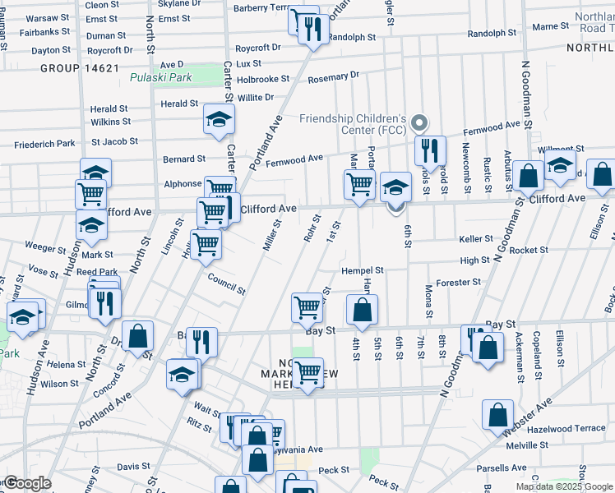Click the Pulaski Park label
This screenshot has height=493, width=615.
coord(160,78)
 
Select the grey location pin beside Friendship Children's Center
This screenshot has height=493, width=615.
coord(419,124)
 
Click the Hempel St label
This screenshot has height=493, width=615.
coord(363,270)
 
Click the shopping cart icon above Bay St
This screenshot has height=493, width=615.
coord(307,308)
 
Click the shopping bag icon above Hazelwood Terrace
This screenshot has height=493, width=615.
coord(498,415)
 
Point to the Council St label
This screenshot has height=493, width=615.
coord(226,283)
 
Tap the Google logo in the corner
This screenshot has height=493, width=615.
coord(27,483)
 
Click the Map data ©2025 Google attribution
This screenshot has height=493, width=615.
coord(564,486)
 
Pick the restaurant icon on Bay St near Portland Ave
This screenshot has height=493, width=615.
coord(201,341)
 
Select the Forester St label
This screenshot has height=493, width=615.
coord(459,283)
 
